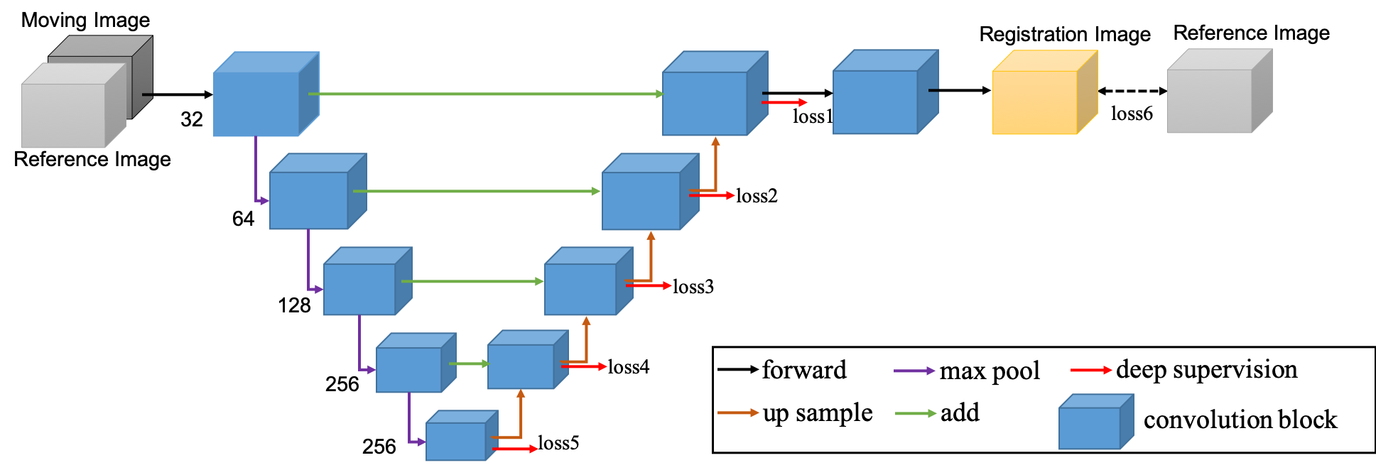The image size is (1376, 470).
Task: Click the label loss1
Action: coord(812,117)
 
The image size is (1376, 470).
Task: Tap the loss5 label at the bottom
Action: coord(558,443)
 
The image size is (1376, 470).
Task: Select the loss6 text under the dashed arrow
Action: coord(1132,114)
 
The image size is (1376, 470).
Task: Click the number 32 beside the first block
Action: coord(192,119)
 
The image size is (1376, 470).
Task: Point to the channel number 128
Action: coord(294,305)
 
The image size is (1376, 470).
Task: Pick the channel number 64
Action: coord(243,219)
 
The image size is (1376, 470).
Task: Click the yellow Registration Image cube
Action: coord(1044,92)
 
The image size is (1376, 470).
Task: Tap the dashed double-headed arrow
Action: coord(1132,91)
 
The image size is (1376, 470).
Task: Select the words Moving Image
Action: coord(85,20)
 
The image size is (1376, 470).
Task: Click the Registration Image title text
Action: coord(1065,34)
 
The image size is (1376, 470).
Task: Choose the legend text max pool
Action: coord(990,371)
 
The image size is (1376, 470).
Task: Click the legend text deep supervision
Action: coord(1207,369)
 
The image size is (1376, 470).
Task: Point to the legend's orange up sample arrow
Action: coord(738,412)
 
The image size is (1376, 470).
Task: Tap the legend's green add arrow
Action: coord(916,413)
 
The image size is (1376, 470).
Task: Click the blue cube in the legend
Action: coord(1096,422)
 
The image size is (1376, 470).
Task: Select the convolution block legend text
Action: coord(1240,420)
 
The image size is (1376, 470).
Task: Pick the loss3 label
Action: coord(693,287)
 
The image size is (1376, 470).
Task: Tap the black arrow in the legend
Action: coord(738,369)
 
